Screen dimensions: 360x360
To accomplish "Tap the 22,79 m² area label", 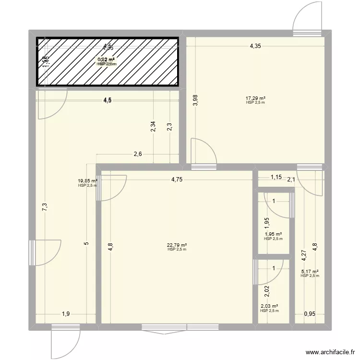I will (177, 244).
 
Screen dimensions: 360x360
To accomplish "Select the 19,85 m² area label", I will (87, 181).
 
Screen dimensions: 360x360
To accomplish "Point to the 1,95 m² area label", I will (273, 234).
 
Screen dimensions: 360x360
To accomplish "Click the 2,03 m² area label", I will (269, 306).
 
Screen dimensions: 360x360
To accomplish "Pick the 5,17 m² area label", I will (310, 271).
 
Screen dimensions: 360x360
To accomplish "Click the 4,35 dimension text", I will (255, 47).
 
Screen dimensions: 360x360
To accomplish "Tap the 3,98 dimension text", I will (195, 100).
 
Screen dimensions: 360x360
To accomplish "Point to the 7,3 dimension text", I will (44, 207).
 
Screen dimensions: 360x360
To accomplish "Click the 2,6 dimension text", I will (137, 155).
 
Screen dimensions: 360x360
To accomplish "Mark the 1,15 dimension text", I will (276, 177).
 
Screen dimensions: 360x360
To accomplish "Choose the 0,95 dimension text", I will (310, 314).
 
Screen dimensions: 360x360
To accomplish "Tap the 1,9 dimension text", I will (65, 314).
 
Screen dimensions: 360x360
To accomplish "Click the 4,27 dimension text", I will (303, 255).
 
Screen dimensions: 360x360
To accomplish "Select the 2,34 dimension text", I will (153, 127).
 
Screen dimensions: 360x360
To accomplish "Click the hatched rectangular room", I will (108, 62).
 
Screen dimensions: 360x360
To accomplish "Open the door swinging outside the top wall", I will (307, 19).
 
